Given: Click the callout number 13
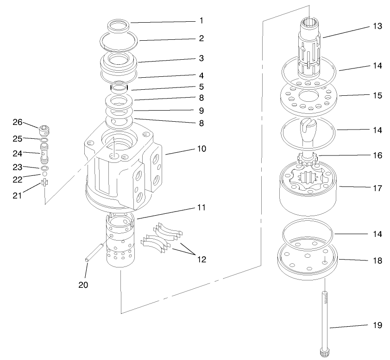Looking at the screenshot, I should [x=378, y=26].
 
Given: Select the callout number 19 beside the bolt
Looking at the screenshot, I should [x=378, y=325].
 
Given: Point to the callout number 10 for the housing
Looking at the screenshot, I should [x=201, y=149].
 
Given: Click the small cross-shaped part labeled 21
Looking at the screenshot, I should [x=44, y=182].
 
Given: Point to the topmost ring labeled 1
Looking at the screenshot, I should [x=120, y=26].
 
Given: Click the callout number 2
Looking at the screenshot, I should [x=201, y=38].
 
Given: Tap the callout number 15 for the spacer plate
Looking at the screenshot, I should [x=378, y=95].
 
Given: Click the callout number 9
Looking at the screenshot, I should [x=201, y=111].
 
